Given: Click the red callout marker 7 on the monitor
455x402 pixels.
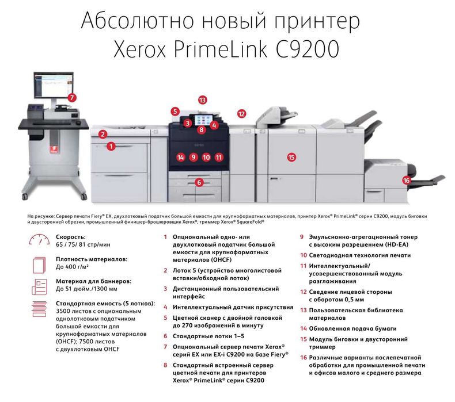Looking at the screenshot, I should (72, 98).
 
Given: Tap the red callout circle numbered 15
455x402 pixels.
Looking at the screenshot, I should (291, 156).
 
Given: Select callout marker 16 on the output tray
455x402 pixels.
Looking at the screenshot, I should (407, 180).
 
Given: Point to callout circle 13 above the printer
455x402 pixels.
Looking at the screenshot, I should (202, 100).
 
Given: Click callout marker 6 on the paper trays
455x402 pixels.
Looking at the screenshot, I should (199, 182).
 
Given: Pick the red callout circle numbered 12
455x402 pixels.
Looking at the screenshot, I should (242, 114).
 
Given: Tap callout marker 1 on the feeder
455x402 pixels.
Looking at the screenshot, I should (110, 146).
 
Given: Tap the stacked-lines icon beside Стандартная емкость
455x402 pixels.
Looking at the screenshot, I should (40, 308).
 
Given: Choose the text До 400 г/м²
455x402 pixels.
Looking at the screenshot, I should (75, 267).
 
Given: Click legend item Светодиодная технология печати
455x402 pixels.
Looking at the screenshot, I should (359, 255).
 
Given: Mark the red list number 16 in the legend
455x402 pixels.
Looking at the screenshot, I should (303, 357).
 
